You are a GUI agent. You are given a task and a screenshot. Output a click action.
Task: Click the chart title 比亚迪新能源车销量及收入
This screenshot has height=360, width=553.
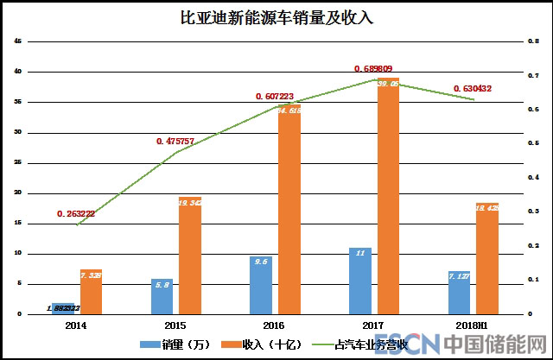tap(276, 17)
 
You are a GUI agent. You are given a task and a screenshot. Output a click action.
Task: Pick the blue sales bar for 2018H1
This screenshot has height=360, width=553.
tap(460, 293)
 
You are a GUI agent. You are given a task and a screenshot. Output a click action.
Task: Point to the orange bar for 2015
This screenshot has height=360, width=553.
tap(190, 256)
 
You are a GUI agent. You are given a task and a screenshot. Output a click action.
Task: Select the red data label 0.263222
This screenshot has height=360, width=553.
tap(81, 213)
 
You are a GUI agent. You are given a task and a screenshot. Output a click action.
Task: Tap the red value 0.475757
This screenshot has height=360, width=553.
tap(181, 141)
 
